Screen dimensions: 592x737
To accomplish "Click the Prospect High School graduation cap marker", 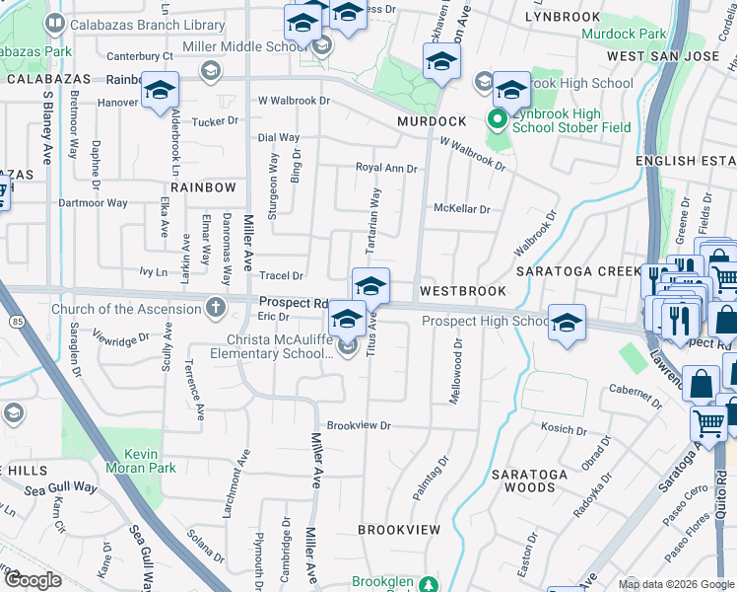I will pos(566,323).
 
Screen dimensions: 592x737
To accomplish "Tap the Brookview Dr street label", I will pos(359,426).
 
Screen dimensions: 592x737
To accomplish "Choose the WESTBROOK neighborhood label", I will pos(462,291).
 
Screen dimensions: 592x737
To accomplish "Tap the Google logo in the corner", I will pos(33,580).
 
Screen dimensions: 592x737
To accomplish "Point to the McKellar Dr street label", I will pos(461,209).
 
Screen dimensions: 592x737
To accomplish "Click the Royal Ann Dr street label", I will pos(386,169).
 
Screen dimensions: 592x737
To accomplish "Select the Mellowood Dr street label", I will pos(457,372).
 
